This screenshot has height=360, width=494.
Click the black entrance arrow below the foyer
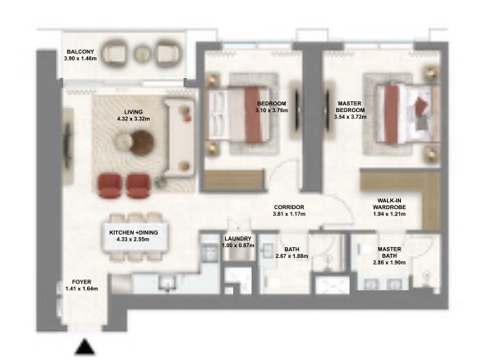click(85, 347)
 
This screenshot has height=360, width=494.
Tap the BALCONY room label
click(81, 52)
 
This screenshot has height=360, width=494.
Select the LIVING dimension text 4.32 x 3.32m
click(134, 119)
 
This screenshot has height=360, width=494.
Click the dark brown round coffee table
click(142, 144)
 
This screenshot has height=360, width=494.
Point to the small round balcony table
click(143, 54)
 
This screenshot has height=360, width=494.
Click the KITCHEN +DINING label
click(134, 232)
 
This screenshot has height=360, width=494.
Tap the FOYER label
click(81, 282)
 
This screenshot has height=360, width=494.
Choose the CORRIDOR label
click(289, 207)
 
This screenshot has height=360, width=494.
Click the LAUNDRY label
click(237, 239)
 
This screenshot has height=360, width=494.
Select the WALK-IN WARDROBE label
click(389, 204)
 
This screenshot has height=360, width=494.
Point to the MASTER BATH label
click(389, 252)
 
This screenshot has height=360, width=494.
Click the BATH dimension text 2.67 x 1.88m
click(291, 255)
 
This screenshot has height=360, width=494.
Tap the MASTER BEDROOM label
click(350, 107)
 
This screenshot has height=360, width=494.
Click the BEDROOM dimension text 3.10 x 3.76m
click(271, 110)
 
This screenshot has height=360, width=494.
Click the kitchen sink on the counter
click(168, 283)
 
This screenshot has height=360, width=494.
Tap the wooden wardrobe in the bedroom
click(234, 180)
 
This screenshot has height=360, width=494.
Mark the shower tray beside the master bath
click(332, 285)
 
